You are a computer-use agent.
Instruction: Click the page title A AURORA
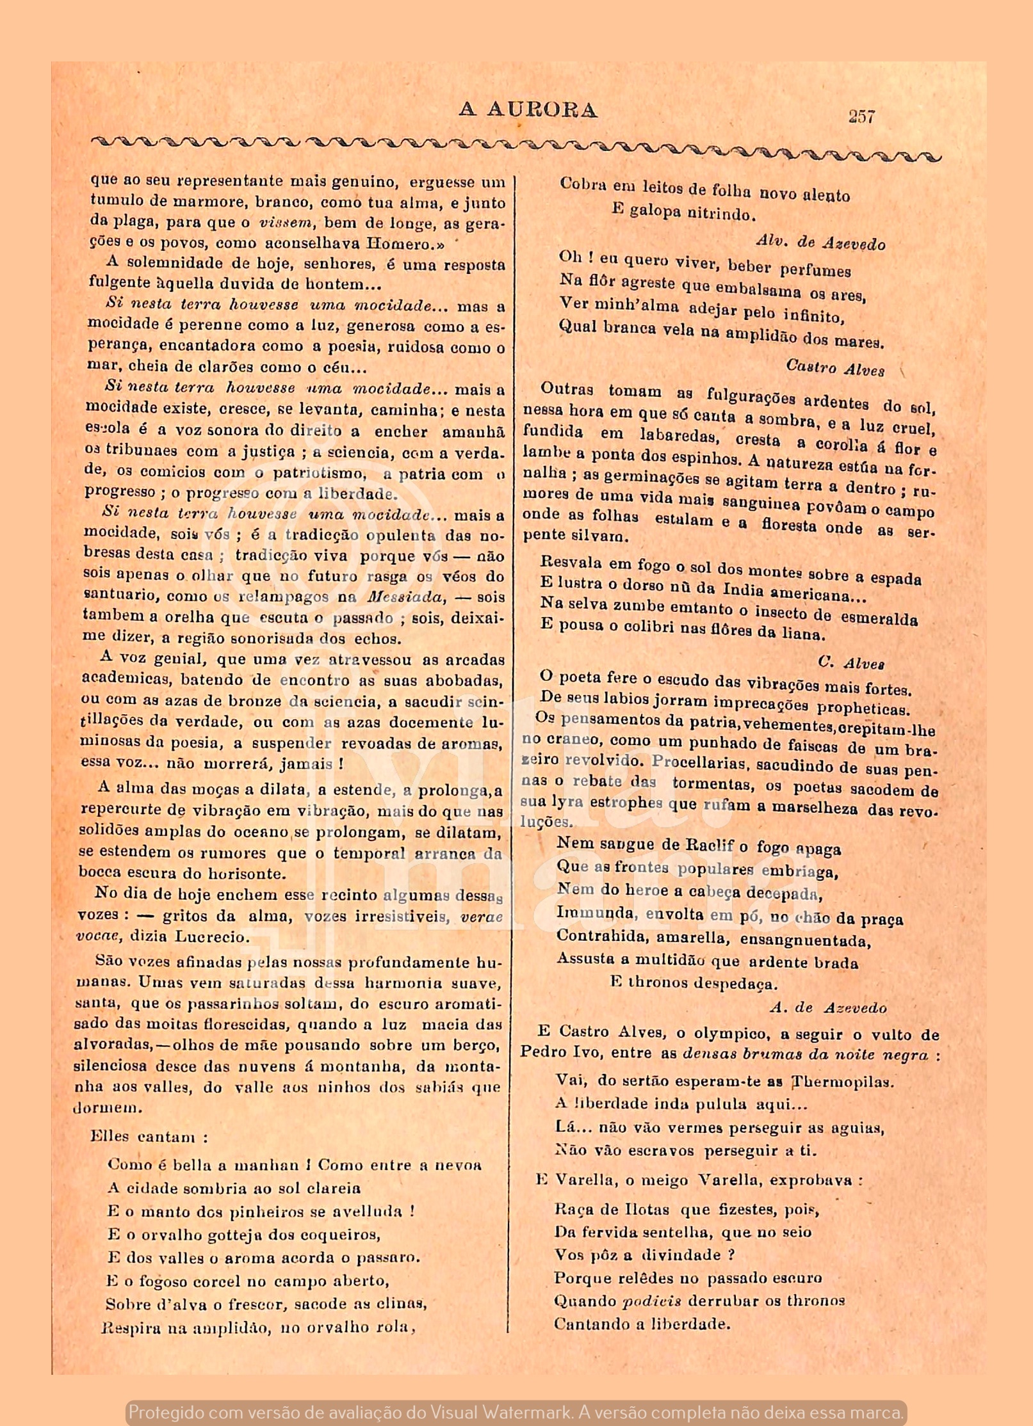[528, 111]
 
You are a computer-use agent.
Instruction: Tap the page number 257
[861, 116]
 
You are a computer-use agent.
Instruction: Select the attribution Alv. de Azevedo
[821, 243]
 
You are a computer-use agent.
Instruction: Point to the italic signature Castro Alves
[835, 369]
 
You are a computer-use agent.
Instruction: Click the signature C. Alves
[851, 663]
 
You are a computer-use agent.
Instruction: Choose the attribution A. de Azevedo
[828, 1008]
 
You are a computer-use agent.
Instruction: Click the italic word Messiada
[405, 597]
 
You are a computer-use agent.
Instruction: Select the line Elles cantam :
[149, 1137]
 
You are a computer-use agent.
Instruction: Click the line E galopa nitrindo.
[683, 211]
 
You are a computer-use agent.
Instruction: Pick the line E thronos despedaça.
[694, 983]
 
